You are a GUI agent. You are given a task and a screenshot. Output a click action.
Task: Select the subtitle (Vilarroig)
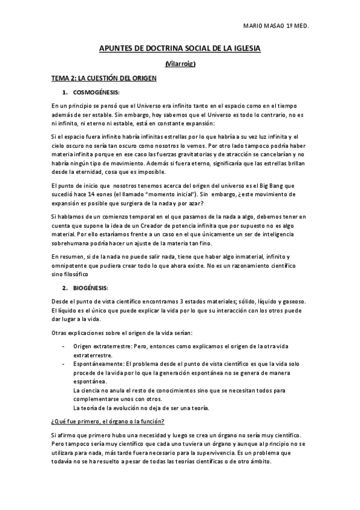pos(180,64)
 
